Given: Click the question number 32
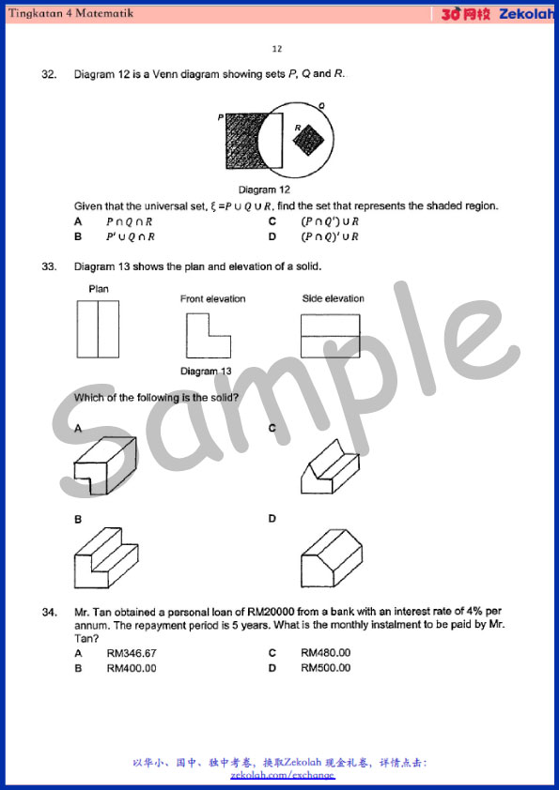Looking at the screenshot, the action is coord(48,75).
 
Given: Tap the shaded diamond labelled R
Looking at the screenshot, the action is coord(309,140).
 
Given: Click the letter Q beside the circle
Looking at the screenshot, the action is coord(322,105).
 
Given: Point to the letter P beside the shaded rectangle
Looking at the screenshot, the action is coord(221,117).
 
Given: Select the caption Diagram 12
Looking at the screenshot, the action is coord(264,190).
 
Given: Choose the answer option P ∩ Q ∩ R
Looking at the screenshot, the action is coord(129,221).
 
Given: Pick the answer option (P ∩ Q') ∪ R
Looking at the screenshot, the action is coord(330,221).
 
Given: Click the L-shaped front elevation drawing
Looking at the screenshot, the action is coord(209,335).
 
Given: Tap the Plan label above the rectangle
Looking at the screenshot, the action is coord(99,289).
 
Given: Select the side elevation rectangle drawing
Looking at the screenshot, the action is coord(330,336).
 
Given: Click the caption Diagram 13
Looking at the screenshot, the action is coord(206,372).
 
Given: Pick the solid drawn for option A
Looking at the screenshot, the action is coord(105,464).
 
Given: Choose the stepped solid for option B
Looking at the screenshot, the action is coord(106,557).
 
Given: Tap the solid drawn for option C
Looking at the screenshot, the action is coord(330,467).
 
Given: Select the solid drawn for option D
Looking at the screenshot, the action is coord(332,558).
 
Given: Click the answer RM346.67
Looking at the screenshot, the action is coord(132,653).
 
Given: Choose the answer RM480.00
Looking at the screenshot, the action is coord(325,653).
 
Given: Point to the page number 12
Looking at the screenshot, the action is coord(277,49).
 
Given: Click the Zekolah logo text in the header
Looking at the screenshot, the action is coord(526,14).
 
